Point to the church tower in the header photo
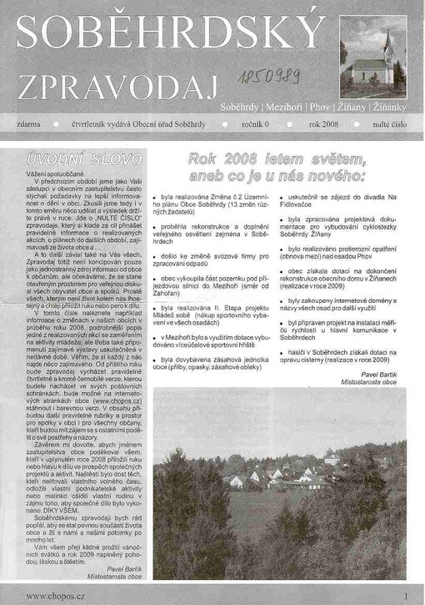click(x=387, y=47)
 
